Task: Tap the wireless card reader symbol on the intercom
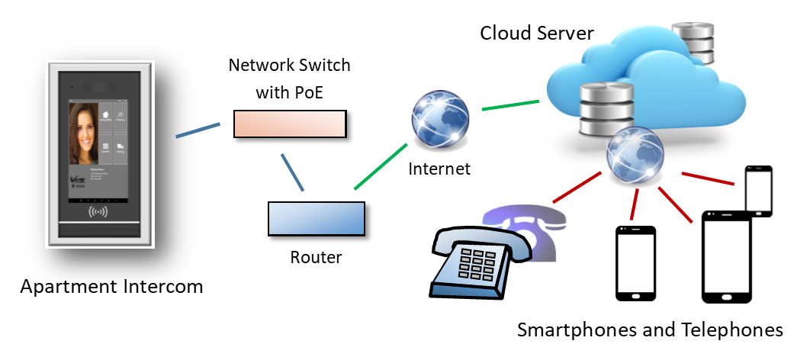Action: click(x=98, y=211)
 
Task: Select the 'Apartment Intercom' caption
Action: click(x=111, y=287)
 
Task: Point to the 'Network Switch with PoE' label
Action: click(x=290, y=76)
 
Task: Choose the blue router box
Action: click(x=316, y=218)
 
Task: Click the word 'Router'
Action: click(x=316, y=257)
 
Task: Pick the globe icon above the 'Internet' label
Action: click(x=438, y=120)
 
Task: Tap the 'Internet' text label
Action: click(x=439, y=169)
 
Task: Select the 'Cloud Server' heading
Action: click(x=537, y=34)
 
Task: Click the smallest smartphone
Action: click(x=758, y=191)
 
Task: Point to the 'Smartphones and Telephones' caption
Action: click(x=650, y=330)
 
